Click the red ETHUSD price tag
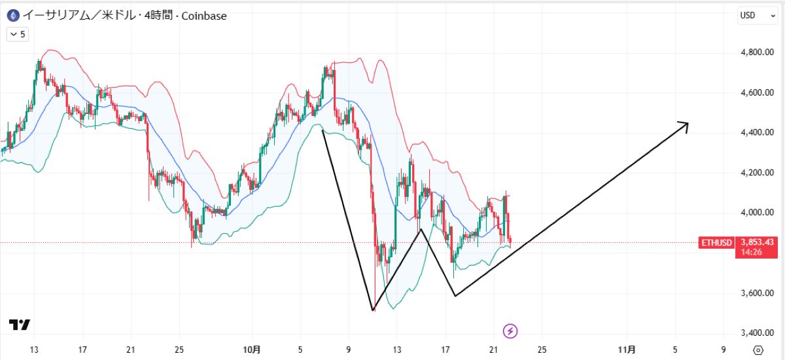click(x=716, y=243)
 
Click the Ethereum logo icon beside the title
click(x=11, y=15)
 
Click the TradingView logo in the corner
click(x=20, y=325)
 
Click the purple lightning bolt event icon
click(x=510, y=331)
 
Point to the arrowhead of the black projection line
click(x=687, y=123)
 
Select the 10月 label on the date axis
click(x=253, y=350)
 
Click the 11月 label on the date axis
click(x=627, y=350)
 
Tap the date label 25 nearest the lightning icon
click(x=542, y=350)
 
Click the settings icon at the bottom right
click(x=758, y=350)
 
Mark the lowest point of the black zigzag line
click(x=373, y=310)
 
